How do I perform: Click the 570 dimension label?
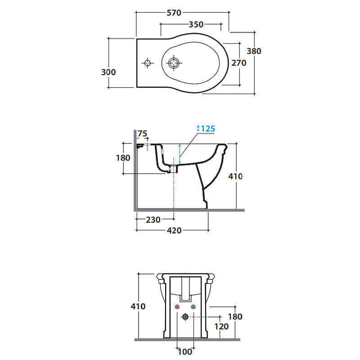[x=174, y=13]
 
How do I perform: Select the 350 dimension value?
[x=196, y=24]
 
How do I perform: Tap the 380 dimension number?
[x=254, y=51]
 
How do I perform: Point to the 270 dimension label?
[x=239, y=63]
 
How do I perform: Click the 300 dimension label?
[x=108, y=72]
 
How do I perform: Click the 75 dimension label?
[x=142, y=133]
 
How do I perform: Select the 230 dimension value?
[x=153, y=220]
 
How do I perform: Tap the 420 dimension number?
[x=174, y=230]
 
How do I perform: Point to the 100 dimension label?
[x=185, y=351]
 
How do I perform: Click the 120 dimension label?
[x=221, y=327]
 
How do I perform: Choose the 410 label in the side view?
[x=235, y=176]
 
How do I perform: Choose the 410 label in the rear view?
[x=138, y=306]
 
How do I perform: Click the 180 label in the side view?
[x=123, y=158]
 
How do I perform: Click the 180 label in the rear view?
[x=235, y=317]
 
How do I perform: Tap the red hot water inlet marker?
[x=177, y=307]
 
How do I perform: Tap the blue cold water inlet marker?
[x=193, y=307]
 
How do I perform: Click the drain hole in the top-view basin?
[x=174, y=63]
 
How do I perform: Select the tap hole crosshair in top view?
[x=148, y=63]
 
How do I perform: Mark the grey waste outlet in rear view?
[x=185, y=317]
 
